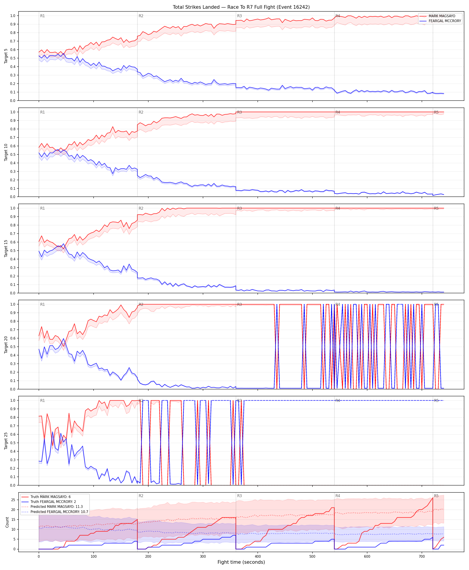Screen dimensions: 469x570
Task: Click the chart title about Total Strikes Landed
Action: (x=241, y=7)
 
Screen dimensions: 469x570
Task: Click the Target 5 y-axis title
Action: (x=6, y=56)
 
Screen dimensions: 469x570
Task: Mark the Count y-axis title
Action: (x=7, y=522)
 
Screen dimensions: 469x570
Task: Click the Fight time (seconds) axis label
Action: (x=241, y=562)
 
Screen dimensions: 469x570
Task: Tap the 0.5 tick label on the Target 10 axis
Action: (x=13, y=154)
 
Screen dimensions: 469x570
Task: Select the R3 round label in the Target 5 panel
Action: (x=239, y=16)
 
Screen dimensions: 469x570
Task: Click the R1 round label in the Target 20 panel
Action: (x=42, y=304)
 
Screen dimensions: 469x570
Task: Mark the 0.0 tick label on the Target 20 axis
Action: (x=13, y=389)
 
